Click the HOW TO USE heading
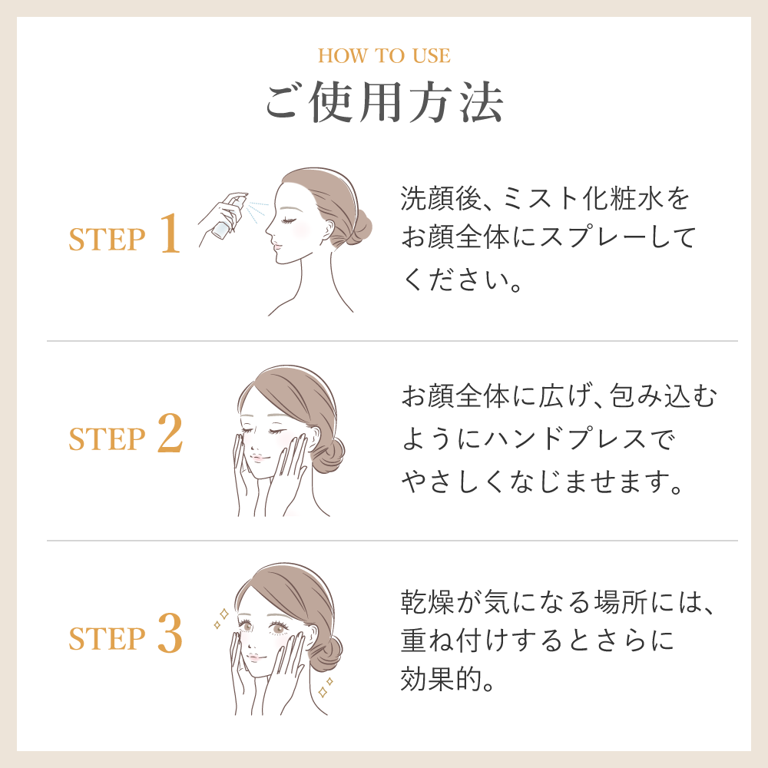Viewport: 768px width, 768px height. point(384,55)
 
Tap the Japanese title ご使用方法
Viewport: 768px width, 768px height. point(384,102)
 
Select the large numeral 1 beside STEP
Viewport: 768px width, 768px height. point(170,233)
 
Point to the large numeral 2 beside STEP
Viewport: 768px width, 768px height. point(170,432)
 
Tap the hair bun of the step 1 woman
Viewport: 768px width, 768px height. point(361,228)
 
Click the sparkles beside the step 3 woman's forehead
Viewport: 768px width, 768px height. point(221,617)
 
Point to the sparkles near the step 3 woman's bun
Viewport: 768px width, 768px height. point(326,687)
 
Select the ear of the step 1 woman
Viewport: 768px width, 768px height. point(327,229)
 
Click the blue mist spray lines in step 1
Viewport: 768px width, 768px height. point(257,210)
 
